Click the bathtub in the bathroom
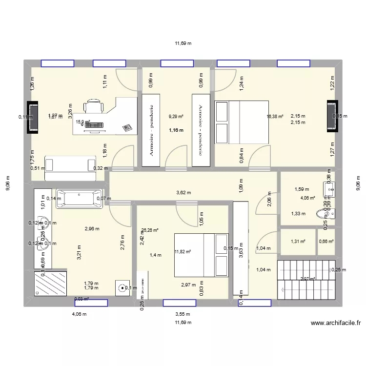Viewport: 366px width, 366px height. coord(80,199)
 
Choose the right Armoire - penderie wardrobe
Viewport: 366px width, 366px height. coord(200,130)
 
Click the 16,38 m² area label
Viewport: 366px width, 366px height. coord(275,117)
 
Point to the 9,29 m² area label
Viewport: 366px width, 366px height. coord(176,117)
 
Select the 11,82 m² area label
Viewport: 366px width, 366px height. coord(183,252)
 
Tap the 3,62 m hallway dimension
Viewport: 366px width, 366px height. coord(183,193)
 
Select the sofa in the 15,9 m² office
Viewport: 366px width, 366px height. coord(71,164)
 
